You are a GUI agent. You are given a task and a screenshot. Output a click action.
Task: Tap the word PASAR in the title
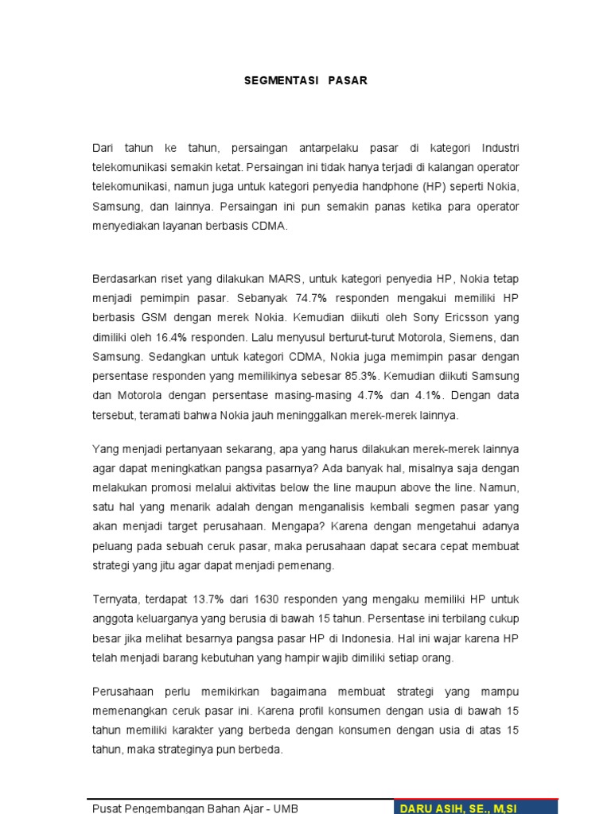point(347,81)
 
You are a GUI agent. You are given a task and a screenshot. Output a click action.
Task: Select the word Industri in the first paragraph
point(499,149)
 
